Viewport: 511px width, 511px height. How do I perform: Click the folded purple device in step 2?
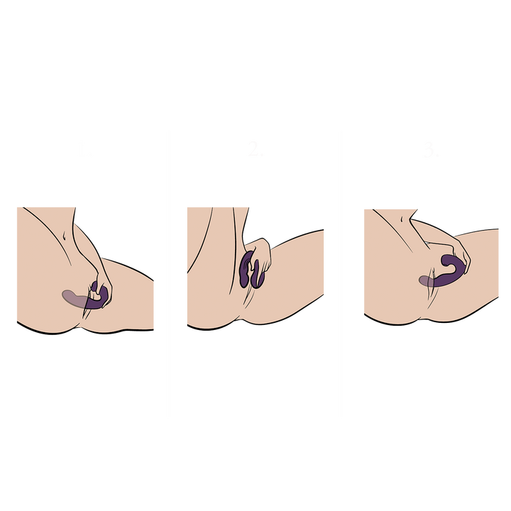pos(250,271)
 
